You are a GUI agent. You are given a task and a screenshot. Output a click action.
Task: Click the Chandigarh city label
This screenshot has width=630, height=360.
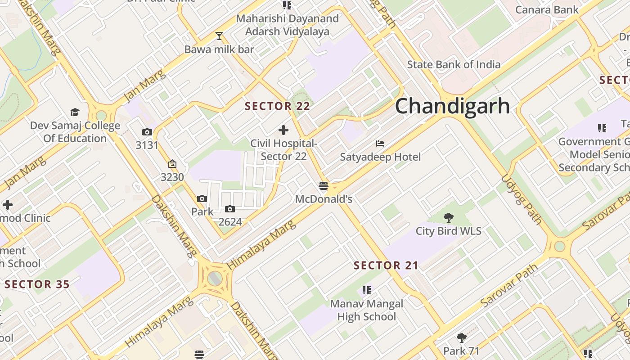click(x=452, y=106)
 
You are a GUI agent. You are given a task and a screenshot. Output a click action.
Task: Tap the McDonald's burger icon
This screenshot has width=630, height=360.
click(x=323, y=186)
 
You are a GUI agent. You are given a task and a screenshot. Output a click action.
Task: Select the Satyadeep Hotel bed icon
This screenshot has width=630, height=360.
click(x=380, y=144)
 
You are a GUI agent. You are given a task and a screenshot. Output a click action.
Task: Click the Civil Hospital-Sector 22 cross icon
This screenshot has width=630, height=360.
click(x=283, y=130)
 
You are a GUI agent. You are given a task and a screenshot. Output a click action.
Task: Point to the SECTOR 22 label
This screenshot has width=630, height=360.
click(x=277, y=106)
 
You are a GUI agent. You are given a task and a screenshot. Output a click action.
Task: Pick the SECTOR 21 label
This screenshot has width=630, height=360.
click(x=386, y=265)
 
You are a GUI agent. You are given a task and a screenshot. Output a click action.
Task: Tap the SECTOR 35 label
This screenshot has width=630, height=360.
click(x=37, y=284)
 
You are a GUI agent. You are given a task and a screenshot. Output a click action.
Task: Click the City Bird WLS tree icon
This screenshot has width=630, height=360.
click(x=448, y=218)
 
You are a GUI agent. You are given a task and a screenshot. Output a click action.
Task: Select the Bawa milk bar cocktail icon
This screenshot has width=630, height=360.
click(x=219, y=36)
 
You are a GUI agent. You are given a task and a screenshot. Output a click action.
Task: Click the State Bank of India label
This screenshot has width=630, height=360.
click(x=454, y=64)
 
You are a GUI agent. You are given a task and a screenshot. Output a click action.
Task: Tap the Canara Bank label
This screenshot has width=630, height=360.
click(x=547, y=9)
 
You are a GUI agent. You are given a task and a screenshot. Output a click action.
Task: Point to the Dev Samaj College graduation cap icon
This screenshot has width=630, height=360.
click(x=75, y=112)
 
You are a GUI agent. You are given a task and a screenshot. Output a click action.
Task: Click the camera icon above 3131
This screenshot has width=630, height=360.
click(x=147, y=132)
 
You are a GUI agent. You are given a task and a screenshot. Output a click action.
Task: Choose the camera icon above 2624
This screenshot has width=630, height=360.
click(x=230, y=209)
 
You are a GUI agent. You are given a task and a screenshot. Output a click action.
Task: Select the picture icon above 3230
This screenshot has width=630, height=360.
click(x=172, y=164)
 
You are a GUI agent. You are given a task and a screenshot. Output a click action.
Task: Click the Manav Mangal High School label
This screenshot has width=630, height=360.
click(x=366, y=310)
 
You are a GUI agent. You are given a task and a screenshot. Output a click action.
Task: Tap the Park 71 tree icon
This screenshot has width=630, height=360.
click(x=461, y=337)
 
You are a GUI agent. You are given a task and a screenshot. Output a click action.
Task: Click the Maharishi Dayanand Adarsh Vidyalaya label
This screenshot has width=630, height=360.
click(x=287, y=25)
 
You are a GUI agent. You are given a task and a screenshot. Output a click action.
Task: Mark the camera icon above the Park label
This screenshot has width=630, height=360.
click(x=202, y=198)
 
